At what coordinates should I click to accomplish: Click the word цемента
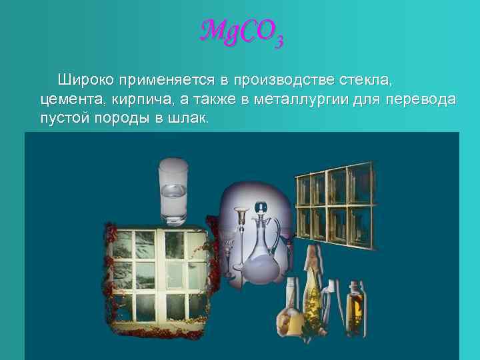pos(69,100)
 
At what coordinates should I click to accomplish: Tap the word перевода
pos(422,100)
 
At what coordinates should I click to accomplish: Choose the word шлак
pos(190,119)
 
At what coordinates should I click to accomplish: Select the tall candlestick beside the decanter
pos(241,240)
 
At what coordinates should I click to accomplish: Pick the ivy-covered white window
pos(157,280)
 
